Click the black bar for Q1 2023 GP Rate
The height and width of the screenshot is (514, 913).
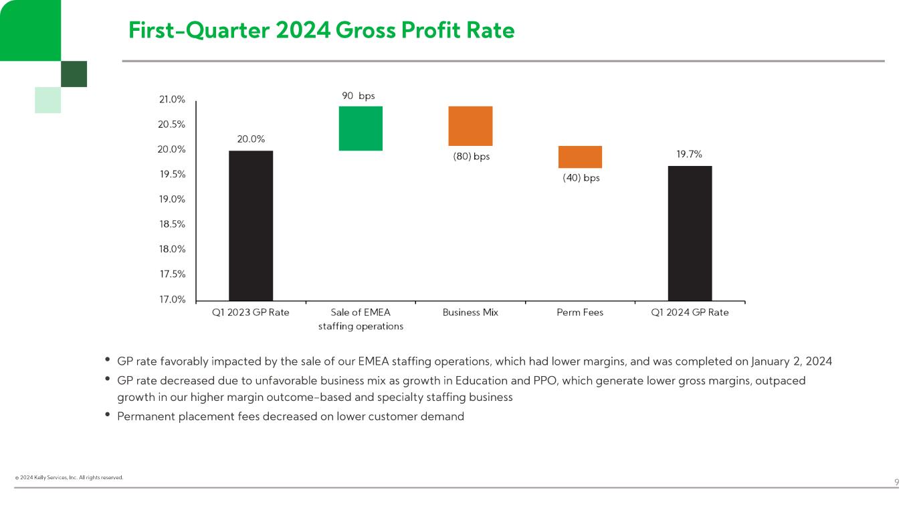251,226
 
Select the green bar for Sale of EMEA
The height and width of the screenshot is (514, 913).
361,128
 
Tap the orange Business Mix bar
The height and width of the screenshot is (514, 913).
470,126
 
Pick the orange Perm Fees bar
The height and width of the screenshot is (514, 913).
580,157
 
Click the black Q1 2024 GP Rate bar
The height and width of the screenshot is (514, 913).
690,233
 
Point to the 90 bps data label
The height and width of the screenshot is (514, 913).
358,96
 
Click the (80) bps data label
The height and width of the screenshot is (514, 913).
471,157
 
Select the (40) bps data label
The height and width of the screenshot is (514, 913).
581,178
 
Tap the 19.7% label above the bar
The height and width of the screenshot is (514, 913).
689,154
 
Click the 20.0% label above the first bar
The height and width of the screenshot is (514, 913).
251,139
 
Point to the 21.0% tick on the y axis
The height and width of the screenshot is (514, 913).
172,100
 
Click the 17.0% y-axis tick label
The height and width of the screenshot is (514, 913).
172,299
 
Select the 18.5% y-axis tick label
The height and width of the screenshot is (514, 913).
172,224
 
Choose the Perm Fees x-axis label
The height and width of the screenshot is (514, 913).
580,313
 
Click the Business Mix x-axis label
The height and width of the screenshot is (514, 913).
470,313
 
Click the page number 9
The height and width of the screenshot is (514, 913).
896,483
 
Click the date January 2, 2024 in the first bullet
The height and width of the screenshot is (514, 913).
792,361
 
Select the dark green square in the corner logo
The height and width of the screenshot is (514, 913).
74,74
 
